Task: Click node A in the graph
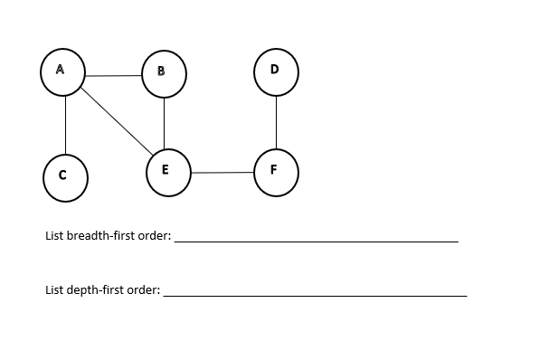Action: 62,71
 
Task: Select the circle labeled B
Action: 164,73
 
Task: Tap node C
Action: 65,176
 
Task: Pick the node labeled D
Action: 275,71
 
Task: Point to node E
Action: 167,172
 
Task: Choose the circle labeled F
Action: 275,172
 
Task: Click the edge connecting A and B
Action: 113,75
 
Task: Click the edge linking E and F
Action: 222,172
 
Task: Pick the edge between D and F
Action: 275,122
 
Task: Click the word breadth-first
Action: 102,236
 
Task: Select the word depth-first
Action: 97,290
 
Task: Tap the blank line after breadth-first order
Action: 317,242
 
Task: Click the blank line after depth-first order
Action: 315,295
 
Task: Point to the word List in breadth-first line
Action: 54,236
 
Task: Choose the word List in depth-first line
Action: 54,290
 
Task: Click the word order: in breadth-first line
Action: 155,236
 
